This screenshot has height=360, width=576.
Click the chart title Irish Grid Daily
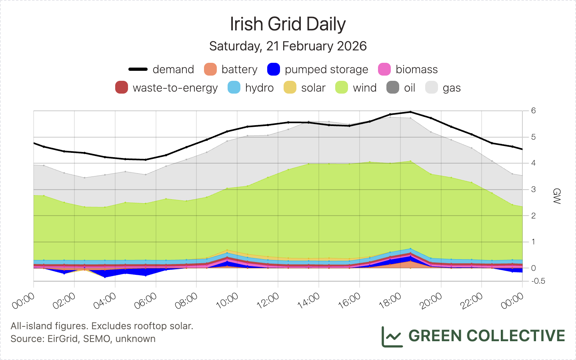pyautogui.click(x=288, y=24)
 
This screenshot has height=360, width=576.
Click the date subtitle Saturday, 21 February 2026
pyautogui.click(x=288, y=46)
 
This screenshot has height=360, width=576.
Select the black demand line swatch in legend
pyautogui.click(x=138, y=69)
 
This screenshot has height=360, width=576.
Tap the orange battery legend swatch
pyautogui.click(x=210, y=69)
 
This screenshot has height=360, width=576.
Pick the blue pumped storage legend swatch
pyautogui.click(x=274, y=69)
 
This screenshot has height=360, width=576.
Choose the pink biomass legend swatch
pyautogui.click(x=384, y=69)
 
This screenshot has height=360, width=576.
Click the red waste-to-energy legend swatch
pyautogui.click(x=122, y=88)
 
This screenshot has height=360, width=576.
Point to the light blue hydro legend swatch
pyautogui.click(x=234, y=88)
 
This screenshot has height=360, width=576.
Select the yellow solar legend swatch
pyautogui.click(x=290, y=88)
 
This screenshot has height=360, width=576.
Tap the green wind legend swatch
pyautogui.click(x=342, y=88)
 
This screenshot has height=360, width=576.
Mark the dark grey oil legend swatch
pyautogui.click(x=393, y=88)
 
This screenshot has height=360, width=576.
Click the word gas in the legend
pyautogui.click(x=452, y=88)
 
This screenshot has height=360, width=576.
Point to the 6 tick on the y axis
pyautogui.click(x=534, y=111)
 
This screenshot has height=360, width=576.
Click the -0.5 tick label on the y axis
pyautogui.click(x=538, y=281)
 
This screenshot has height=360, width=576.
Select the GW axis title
pyautogui.click(x=556, y=196)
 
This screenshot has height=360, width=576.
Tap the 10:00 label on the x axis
pyautogui.click(x=227, y=301)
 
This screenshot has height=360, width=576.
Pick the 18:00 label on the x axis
pyautogui.click(x=390, y=301)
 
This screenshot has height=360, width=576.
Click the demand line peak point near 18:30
pyautogui.click(x=410, y=112)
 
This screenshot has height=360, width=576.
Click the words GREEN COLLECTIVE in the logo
pyautogui.click(x=486, y=336)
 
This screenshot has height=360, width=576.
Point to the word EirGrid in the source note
pyautogui.click(x=63, y=339)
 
